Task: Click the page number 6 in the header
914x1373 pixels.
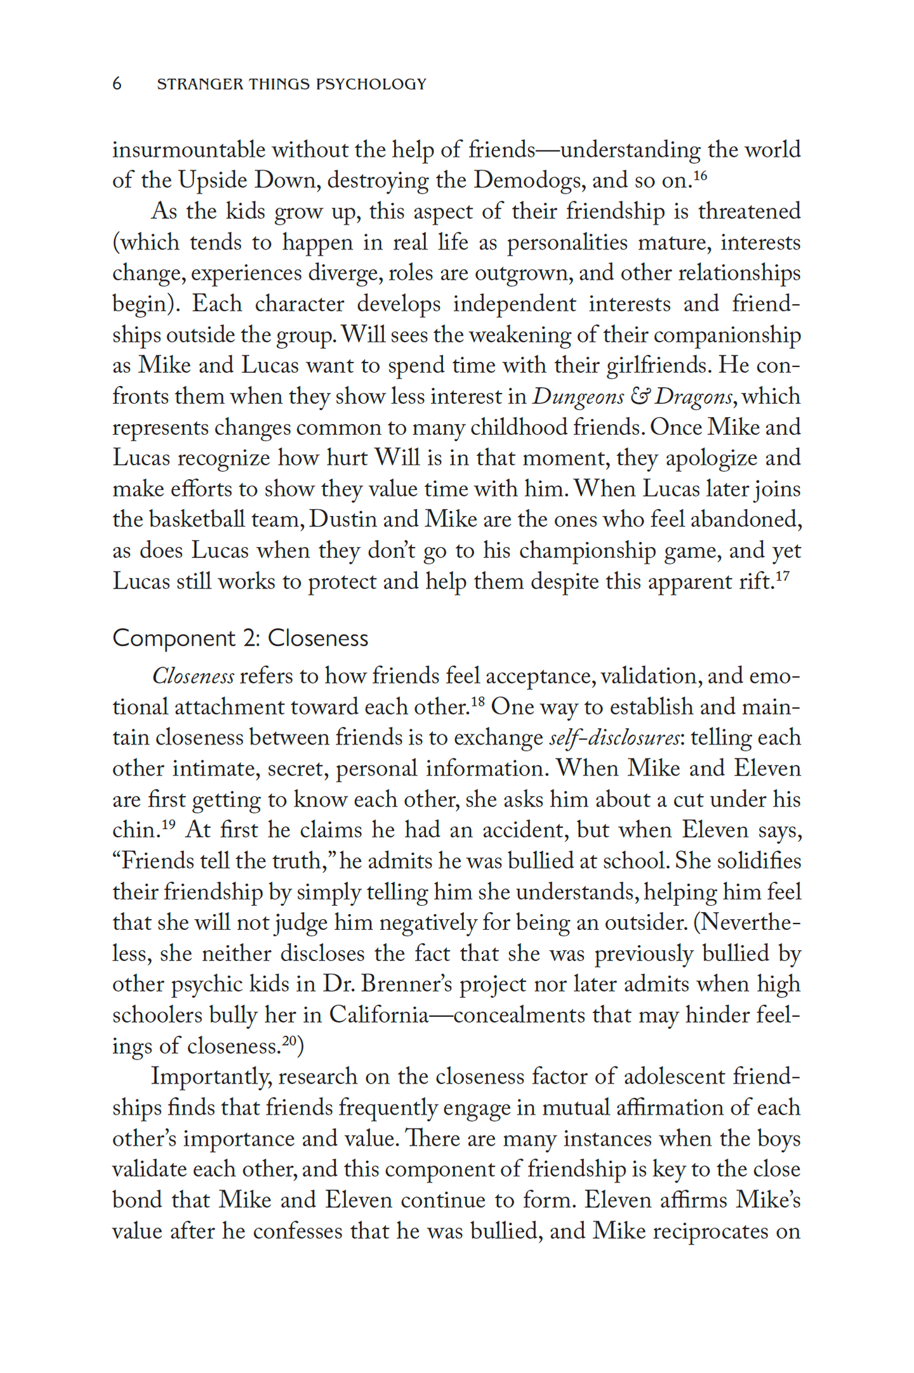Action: point(117,84)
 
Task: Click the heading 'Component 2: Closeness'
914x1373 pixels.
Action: point(240,638)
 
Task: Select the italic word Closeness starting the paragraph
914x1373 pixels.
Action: point(193,676)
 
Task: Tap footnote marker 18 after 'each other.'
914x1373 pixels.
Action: point(478,701)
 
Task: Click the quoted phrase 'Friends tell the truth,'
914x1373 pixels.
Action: point(225,861)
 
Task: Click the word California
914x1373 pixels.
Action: point(378,1015)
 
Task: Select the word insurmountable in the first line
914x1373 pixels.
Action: point(189,150)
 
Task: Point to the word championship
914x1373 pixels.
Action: point(587,551)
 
